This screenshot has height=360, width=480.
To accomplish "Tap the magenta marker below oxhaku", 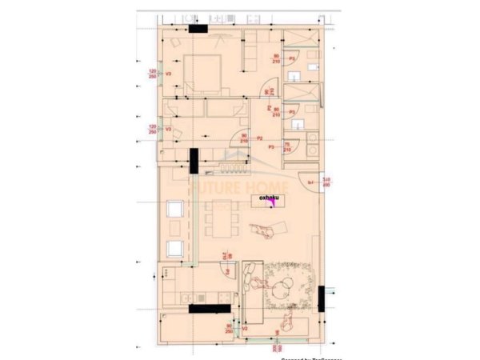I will point(273,202).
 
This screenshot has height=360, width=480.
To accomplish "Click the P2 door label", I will point(260,138).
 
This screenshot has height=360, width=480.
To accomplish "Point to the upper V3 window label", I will point(168,74).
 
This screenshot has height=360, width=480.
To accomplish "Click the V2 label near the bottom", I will point(246,328).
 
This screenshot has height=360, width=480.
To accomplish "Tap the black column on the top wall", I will point(198,29).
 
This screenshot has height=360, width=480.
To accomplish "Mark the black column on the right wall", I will point(321,298).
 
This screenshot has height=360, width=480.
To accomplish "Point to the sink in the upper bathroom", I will point(296,77).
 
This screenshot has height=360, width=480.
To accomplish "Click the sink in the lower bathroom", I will point(297,125).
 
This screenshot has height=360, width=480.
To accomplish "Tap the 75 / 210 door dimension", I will point(287,145).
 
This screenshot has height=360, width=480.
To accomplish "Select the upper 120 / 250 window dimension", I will point(152,74).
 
